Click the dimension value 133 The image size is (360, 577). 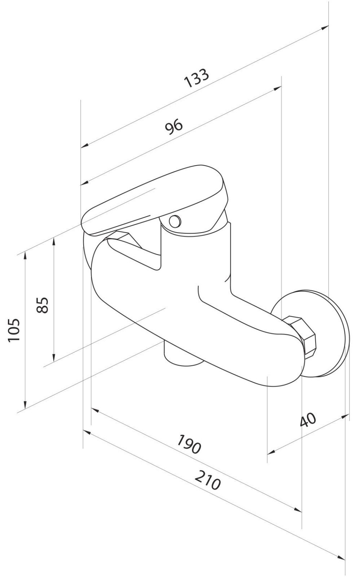(x=196, y=78)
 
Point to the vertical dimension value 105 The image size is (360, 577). (x=14, y=330)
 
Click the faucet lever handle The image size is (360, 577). (x=155, y=198)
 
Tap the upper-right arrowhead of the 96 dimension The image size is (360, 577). (x=277, y=89)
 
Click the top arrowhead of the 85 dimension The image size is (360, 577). (x=54, y=242)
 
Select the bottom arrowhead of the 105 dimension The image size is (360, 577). (x=25, y=404)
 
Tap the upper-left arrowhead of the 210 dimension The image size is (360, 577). (x=87, y=432)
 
